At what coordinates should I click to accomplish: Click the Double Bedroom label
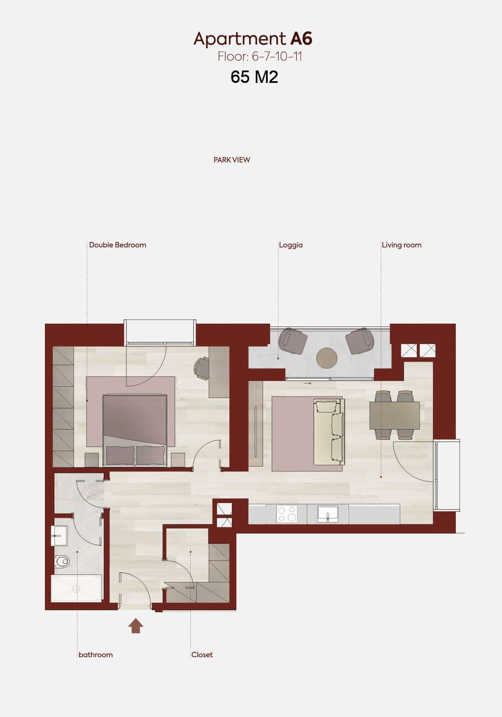(x=117, y=245)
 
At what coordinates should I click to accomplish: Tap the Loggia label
(x=291, y=245)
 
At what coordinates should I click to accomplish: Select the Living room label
(x=402, y=245)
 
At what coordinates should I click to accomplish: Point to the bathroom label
(x=96, y=655)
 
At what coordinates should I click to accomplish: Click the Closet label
(x=202, y=655)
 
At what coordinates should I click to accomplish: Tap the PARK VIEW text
(x=232, y=160)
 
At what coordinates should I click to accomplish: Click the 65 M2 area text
(x=255, y=77)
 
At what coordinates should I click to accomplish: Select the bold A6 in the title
(x=301, y=39)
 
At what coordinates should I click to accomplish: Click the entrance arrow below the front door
(x=135, y=625)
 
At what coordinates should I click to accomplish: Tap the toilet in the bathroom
(x=62, y=561)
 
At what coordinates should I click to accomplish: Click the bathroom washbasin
(x=59, y=536)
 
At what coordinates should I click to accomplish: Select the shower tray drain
(x=76, y=589)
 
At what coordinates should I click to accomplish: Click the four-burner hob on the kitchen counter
(x=287, y=514)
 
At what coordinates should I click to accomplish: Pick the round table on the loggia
(x=327, y=358)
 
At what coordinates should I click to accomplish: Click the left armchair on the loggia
(x=292, y=341)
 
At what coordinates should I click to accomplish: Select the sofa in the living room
(x=329, y=432)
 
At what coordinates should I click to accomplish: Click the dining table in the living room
(x=395, y=416)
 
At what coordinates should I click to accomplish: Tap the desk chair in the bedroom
(x=202, y=368)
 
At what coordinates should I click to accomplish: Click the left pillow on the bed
(x=120, y=455)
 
